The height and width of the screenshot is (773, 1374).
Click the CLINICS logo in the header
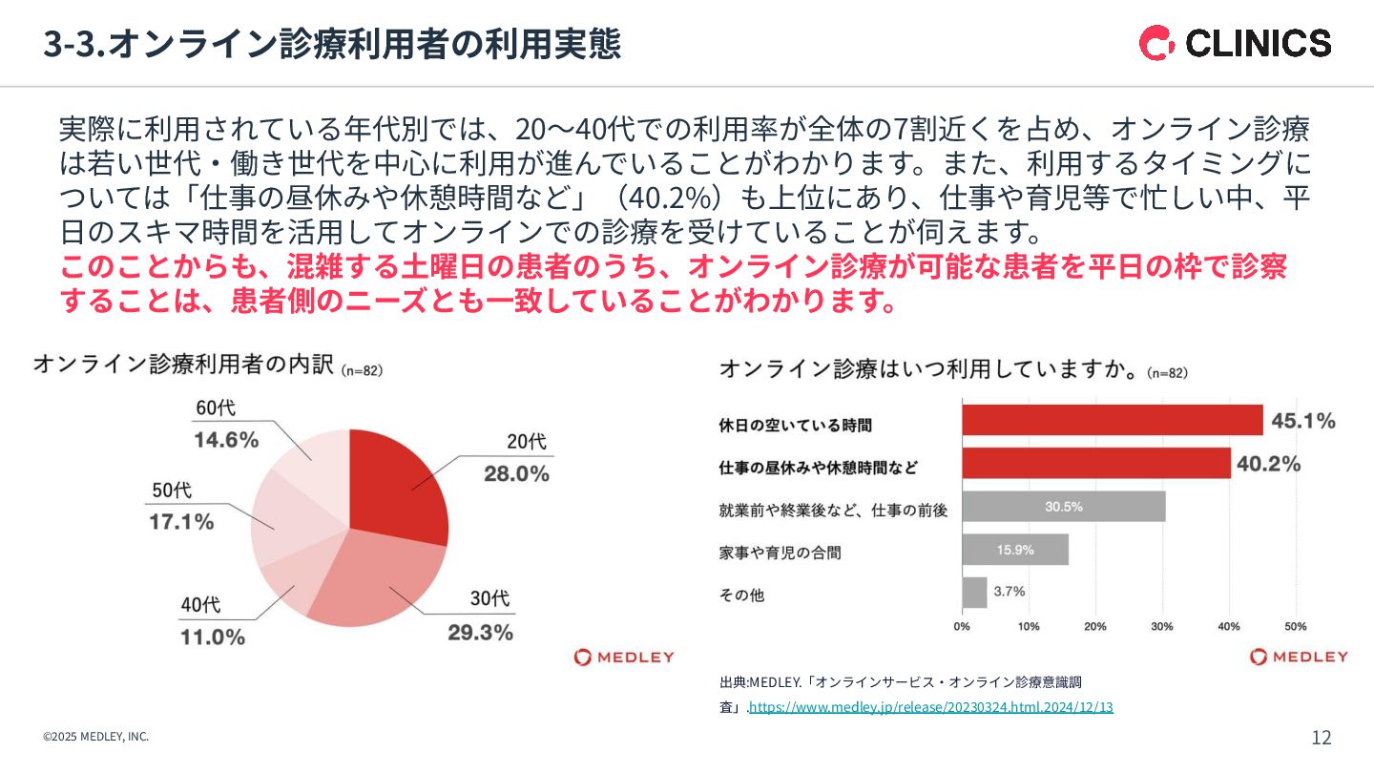(x=1235, y=43)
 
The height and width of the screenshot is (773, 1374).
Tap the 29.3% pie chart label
(x=481, y=632)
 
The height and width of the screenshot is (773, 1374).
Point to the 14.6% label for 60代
(x=227, y=440)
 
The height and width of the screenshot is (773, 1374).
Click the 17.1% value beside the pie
(x=181, y=522)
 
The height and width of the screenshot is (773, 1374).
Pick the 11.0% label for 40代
(x=213, y=637)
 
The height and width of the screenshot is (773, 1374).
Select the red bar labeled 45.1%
(x=1112, y=420)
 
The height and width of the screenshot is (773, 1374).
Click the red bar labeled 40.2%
(x=1095, y=463)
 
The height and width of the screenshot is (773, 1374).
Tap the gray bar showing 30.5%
(x=1063, y=507)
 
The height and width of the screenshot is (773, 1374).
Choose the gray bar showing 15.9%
(x=1014, y=550)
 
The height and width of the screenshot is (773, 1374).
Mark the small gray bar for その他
(x=974, y=593)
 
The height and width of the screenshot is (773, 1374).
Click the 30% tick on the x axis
(x=1162, y=627)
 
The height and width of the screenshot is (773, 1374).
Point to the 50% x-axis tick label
(x=1296, y=627)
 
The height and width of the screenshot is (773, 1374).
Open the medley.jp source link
(x=930, y=707)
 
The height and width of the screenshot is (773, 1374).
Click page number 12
(x=1322, y=737)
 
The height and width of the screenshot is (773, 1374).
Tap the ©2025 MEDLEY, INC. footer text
(x=95, y=737)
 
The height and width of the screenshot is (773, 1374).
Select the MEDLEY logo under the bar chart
(x=1300, y=657)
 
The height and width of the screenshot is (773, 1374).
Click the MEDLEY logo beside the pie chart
(x=624, y=657)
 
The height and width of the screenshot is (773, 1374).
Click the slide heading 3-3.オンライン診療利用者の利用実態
(x=332, y=44)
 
